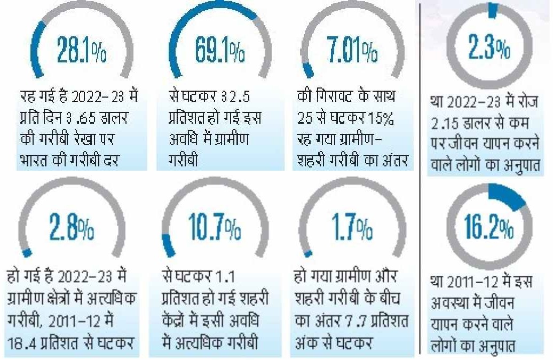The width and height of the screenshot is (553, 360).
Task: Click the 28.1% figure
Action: (82, 51)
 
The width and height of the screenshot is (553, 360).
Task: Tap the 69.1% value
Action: (219, 51)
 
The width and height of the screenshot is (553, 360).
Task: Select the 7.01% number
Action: (352, 51)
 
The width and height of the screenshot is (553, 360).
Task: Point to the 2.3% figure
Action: (489, 49)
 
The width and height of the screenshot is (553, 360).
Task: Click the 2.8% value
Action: (72, 228)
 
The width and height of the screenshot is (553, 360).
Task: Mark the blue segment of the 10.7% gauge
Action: (168, 244)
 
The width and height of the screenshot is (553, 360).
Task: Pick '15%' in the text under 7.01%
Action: (383, 119)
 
